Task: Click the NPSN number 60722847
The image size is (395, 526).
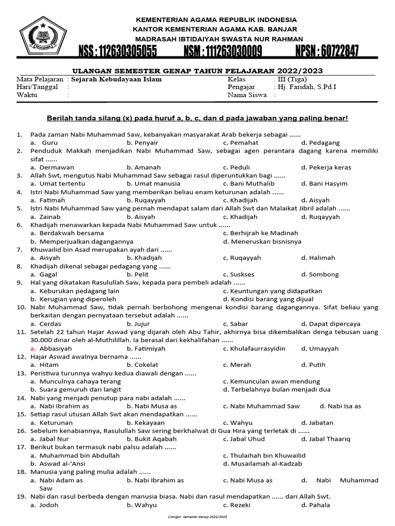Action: (327, 52)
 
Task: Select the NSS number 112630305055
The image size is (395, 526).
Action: (118, 52)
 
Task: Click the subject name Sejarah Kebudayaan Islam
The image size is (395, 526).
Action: (116, 80)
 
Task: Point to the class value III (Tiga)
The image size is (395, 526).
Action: (290, 80)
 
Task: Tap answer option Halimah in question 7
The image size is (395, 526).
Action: (322, 257)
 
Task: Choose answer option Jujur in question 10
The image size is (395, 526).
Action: (142, 324)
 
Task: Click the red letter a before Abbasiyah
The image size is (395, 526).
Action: (32, 348)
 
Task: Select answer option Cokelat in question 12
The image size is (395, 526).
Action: (146, 365)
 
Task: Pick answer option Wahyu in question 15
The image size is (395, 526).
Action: (241, 423)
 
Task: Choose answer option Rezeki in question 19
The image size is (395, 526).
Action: (241, 505)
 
